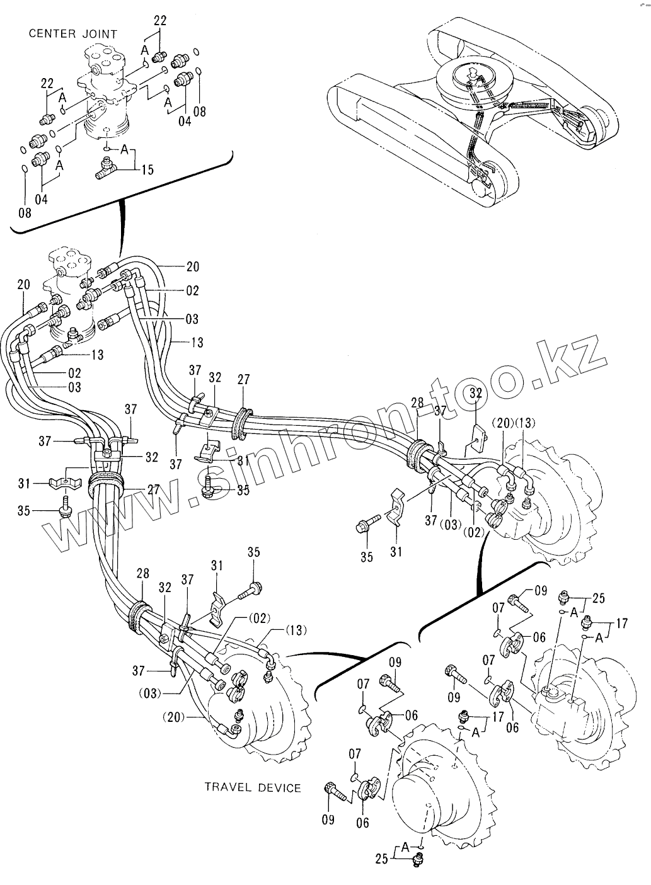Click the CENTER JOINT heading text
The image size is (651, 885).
[x=73, y=34]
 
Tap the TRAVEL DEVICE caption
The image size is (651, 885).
[x=252, y=787]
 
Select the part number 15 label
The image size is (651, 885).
[x=147, y=169]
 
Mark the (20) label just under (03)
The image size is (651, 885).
[x=175, y=716]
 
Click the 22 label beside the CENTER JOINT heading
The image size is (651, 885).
[x=160, y=21]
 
